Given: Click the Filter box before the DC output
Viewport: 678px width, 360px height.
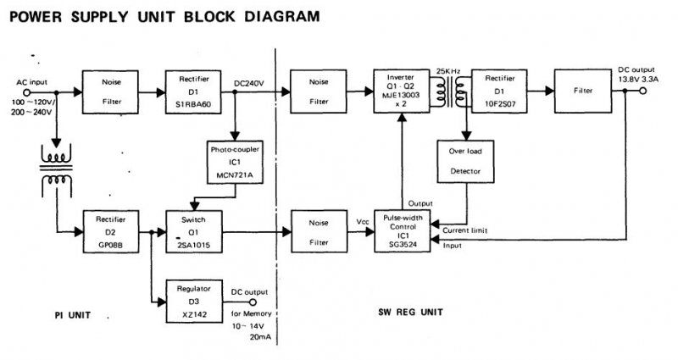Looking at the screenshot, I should (584, 90).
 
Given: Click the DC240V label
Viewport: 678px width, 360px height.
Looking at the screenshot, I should (249, 82).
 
